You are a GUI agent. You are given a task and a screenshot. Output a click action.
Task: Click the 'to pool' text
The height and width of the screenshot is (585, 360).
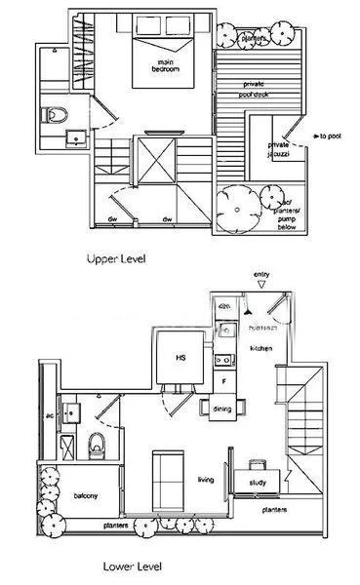tap(329, 136)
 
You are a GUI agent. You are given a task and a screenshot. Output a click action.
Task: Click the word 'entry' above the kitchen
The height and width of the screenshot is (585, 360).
tap(260, 276)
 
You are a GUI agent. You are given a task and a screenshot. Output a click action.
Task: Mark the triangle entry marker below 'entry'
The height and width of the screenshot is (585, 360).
tap(260, 287)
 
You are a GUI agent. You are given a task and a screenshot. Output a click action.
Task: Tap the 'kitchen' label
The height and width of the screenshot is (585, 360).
tap(260, 347)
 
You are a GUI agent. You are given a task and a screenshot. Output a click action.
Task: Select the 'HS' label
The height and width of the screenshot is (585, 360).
tap(180, 358)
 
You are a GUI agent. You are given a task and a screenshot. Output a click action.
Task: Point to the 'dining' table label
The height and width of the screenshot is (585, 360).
tap(221, 409)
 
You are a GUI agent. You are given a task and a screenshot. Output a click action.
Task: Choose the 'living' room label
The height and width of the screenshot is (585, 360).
tap(206, 479)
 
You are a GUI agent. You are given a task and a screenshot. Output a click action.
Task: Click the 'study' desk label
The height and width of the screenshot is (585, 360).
tap(259, 480)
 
